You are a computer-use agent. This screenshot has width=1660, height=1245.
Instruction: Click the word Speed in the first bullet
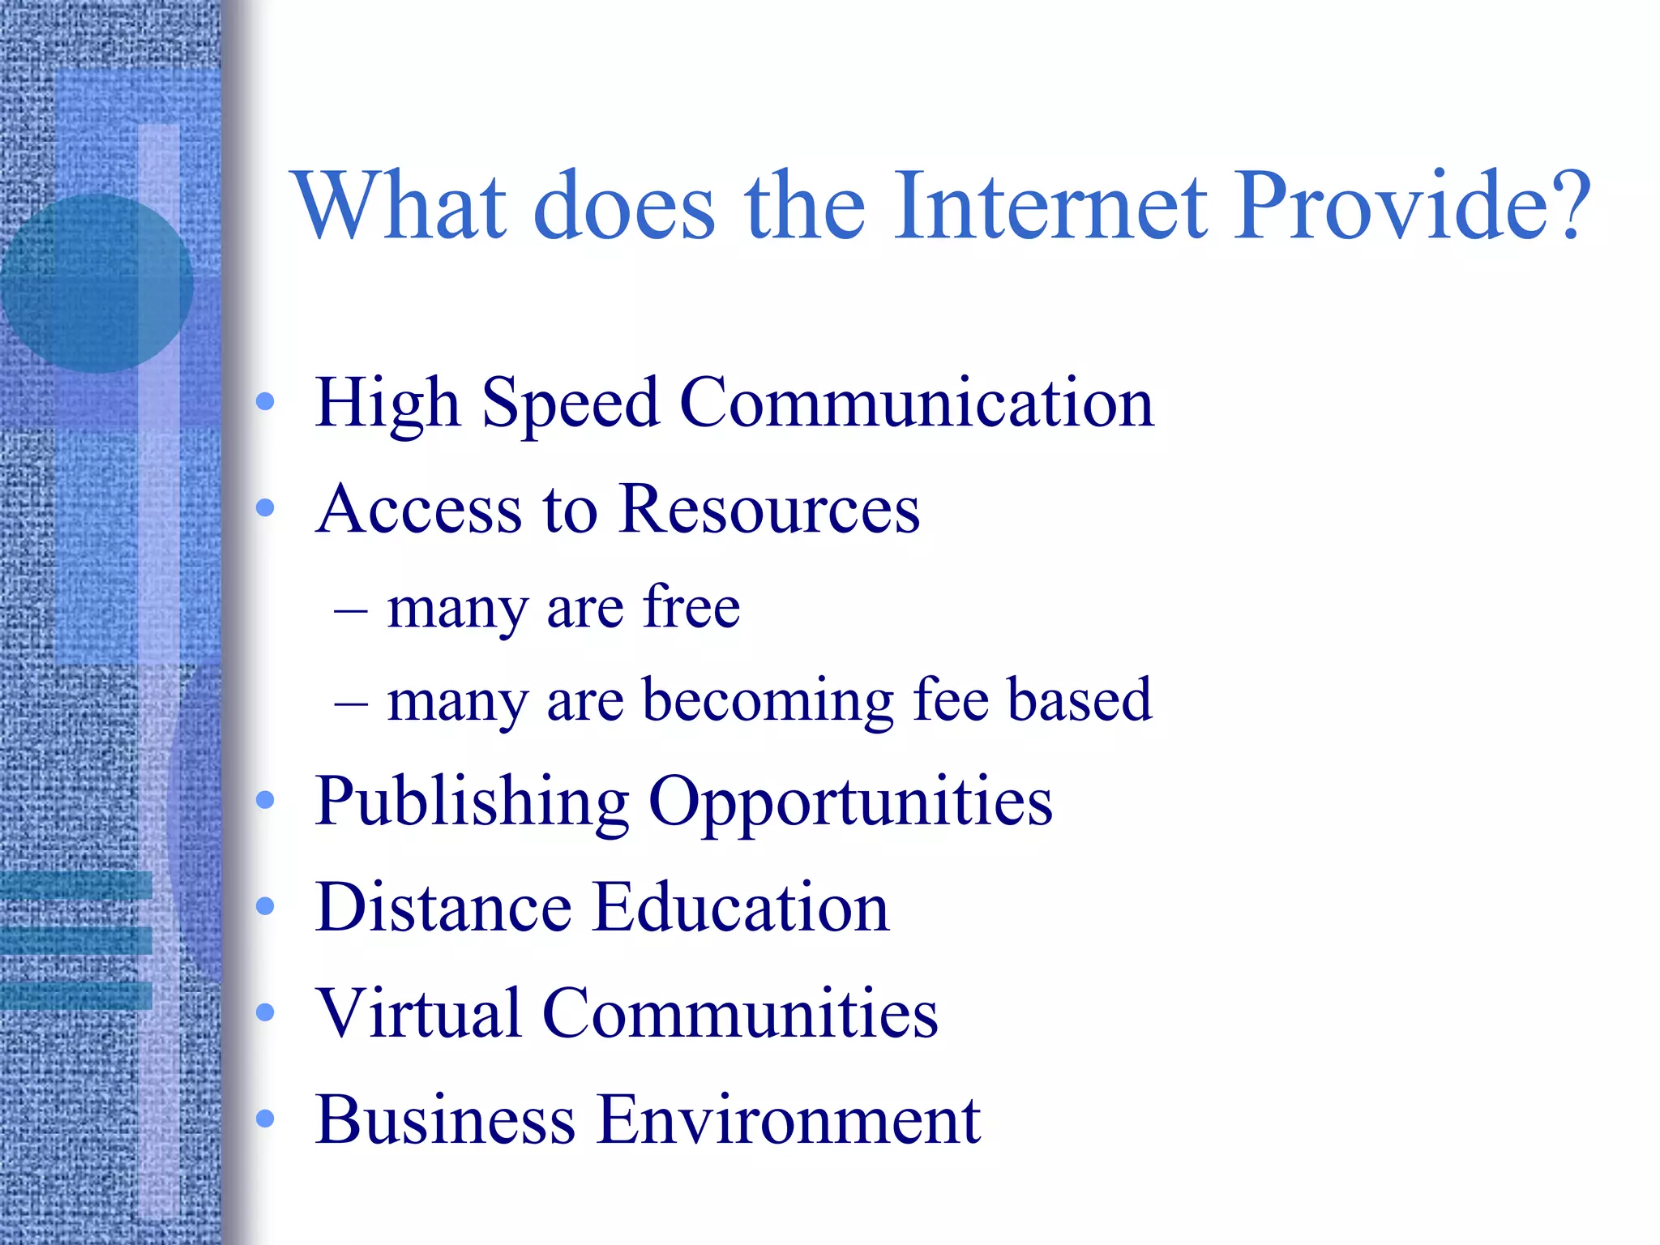click(570, 404)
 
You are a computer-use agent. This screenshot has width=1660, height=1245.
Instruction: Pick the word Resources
click(769, 510)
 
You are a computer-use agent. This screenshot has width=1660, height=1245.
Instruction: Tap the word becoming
click(768, 701)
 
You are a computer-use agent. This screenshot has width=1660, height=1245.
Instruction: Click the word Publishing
click(472, 802)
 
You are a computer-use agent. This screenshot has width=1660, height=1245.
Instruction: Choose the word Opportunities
click(850, 802)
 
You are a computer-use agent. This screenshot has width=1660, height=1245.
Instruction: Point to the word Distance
click(443, 908)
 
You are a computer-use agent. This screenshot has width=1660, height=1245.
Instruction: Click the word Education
click(741, 908)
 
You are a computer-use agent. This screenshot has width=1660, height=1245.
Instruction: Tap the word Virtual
click(418, 1013)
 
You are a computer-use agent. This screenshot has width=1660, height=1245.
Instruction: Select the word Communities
click(740, 1013)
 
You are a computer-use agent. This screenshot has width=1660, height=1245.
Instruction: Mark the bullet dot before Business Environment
click(265, 1119)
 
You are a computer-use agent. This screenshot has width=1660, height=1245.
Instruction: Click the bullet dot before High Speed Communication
click(265, 402)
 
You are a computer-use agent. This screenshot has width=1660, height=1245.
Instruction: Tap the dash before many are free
click(350, 610)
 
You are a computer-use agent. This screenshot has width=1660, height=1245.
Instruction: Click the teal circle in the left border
click(96, 284)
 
